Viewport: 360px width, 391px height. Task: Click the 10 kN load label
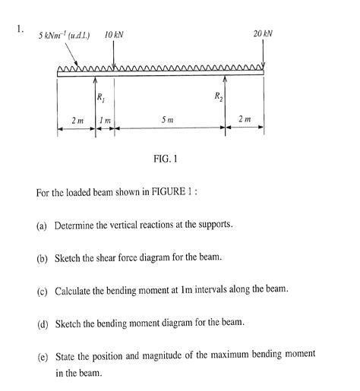115,35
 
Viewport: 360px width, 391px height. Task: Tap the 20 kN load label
263,35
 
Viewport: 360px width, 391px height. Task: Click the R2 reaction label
218,96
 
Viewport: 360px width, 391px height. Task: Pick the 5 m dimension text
168,120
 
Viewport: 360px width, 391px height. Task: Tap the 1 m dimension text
106,120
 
